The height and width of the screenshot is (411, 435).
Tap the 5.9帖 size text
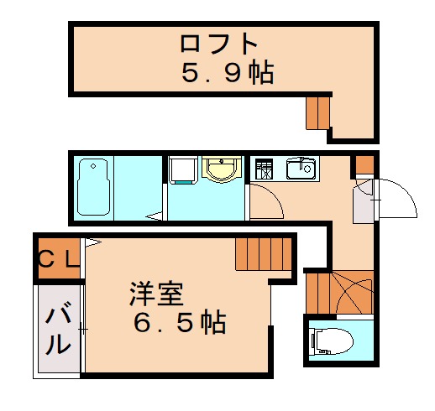tap(228, 74)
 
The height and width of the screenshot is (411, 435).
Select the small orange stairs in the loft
tap(318, 112)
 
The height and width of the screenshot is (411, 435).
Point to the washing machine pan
tap(183, 171)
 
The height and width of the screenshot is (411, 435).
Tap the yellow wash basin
tap(222, 169)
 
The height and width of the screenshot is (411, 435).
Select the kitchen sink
tap(300, 169)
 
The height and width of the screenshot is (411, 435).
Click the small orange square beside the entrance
tap(364, 164)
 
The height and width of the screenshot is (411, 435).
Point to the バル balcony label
tap(58, 330)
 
